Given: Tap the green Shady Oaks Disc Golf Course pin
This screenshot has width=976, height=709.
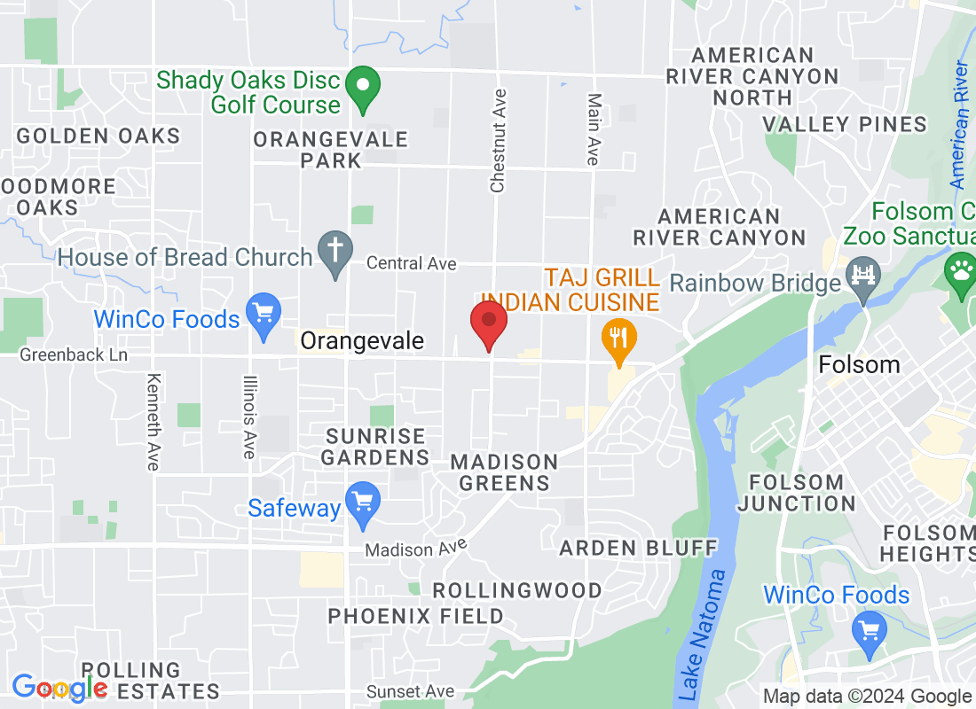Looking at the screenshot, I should (362, 89).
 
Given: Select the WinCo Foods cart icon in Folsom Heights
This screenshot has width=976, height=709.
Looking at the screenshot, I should (868, 630).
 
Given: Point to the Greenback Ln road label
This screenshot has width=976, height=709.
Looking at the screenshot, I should (74, 355).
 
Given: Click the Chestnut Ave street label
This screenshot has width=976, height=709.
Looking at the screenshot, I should (498, 140).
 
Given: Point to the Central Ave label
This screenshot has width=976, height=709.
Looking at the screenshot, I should (411, 263).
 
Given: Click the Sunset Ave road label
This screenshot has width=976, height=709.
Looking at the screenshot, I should (410, 691).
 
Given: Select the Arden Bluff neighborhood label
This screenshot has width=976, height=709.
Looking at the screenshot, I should (638, 548).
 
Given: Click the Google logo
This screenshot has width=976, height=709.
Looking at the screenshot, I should (59, 687).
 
